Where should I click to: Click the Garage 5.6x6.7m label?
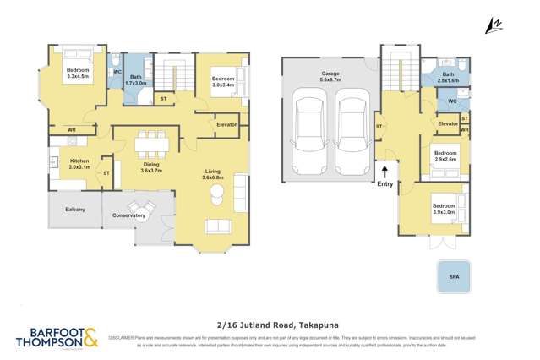click(330, 76)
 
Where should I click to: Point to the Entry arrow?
click(385, 173)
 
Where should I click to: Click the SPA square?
click(455, 275)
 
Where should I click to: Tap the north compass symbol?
click(493, 27)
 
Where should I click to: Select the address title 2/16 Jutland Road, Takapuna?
click(270, 322)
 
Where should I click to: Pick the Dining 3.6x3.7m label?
click(151, 167)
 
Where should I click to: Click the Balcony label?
click(75, 209)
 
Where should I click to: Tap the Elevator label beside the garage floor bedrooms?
click(448, 124)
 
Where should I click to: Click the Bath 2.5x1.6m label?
click(448, 77)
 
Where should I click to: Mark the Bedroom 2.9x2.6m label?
click(445, 155)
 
